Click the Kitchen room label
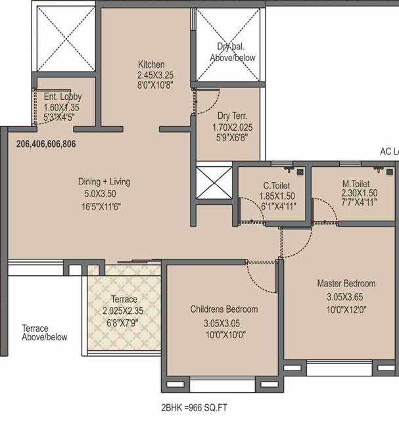point(151,64)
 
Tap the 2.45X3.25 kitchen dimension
point(155,75)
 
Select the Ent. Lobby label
point(62,97)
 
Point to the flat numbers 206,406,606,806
point(46,144)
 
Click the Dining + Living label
point(104,181)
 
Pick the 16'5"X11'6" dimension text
point(101,207)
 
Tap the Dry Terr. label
point(232,116)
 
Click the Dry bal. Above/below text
point(233,52)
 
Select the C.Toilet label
point(276,186)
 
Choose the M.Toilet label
point(356,184)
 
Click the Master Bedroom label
point(346,284)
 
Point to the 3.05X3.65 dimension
point(344,297)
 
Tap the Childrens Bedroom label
point(224,309)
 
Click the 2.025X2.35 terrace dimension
point(123,311)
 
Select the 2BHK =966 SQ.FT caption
point(194,408)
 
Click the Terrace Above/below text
point(45,333)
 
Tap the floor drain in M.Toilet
point(390,172)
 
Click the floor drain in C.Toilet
point(300,171)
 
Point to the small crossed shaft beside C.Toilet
point(214,183)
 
